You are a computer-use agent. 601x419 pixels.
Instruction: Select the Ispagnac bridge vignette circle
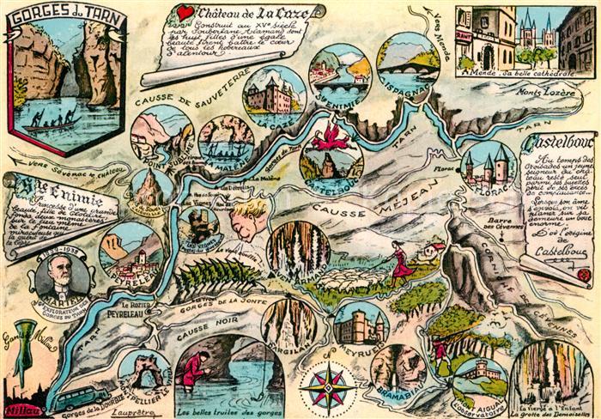[x=408, y=64]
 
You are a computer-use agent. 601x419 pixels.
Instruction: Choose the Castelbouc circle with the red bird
[x=331, y=148]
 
